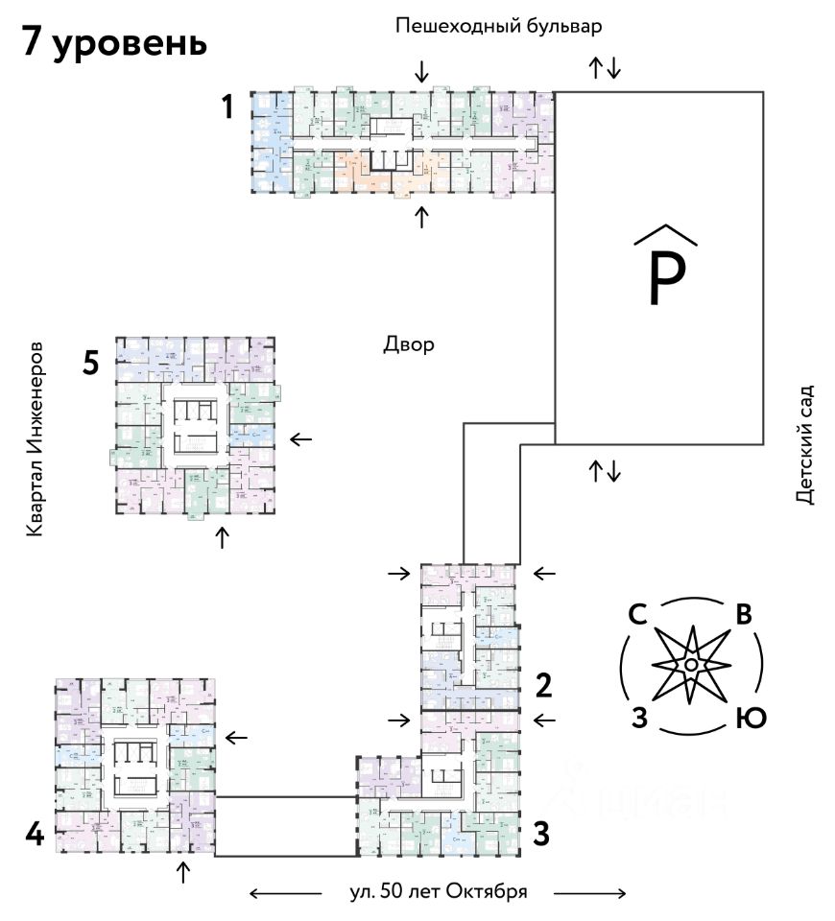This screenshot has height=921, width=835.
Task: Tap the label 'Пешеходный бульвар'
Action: pyautogui.click(x=498, y=26)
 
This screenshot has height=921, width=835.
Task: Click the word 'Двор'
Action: pyautogui.click(x=408, y=344)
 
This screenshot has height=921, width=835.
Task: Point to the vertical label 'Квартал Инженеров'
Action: pyautogui.click(x=36, y=437)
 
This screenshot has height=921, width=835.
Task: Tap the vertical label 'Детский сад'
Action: pyautogui.click(x=804, y=444)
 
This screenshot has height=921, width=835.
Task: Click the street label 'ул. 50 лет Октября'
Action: pyautogui.click(x=439, y=890)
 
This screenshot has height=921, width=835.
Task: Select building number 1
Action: pyautogui.click(x=227, y=107)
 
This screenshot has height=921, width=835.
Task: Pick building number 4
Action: pyautogui.click(x=35, y=835)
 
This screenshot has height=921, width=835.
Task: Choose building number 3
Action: pyautogui.click(x=541, y=835)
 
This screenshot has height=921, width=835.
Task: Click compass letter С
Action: pyautogui.click(x=635, y=615)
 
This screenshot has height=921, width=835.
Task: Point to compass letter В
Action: pyautogui.click(x=742, y=615)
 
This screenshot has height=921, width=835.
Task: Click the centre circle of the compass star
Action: pyautogui.click(x=690, y=665)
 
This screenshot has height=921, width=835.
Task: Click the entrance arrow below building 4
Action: pyautogui.click(x=183, y=872)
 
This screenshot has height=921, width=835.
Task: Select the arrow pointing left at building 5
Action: pyautogui.click(x=301, y=439)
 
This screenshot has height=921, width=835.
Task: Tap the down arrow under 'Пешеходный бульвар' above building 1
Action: pyautogui.click(x=420, y=71)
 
